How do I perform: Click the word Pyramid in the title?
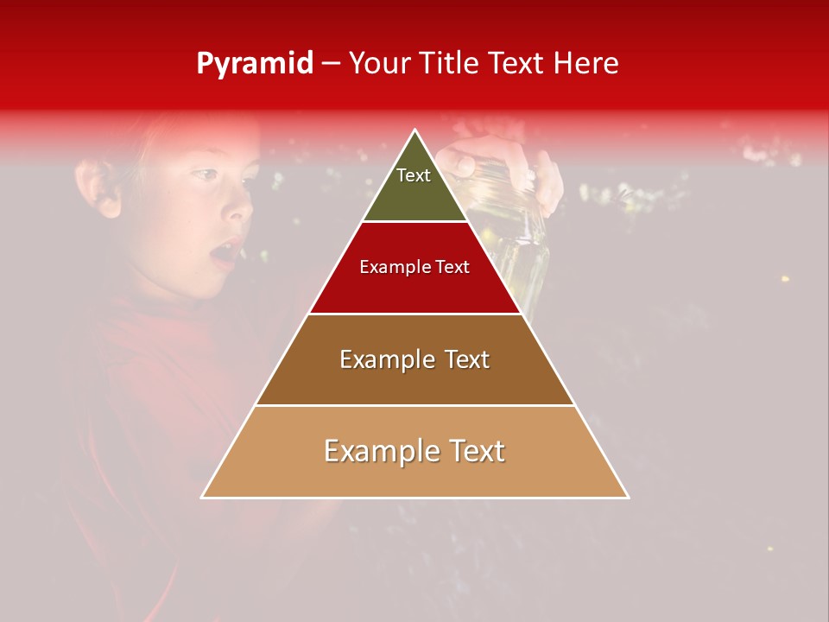pyautogui.click(x=254, y=64)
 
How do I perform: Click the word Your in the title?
pyautogui.click(x=378, y=64)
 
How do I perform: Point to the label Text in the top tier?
pyautogui.click(x=414, y=175)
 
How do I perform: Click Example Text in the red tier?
pyautogui.click(x=414, y=267)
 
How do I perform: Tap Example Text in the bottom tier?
pyautogui.click(x=414, y=451)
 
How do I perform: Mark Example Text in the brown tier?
pyautogui.click(x=414, y=359)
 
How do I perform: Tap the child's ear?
pyautogui.click(x=97, y=187)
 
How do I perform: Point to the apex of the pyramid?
pyautogui.click(x=415, y=131)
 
